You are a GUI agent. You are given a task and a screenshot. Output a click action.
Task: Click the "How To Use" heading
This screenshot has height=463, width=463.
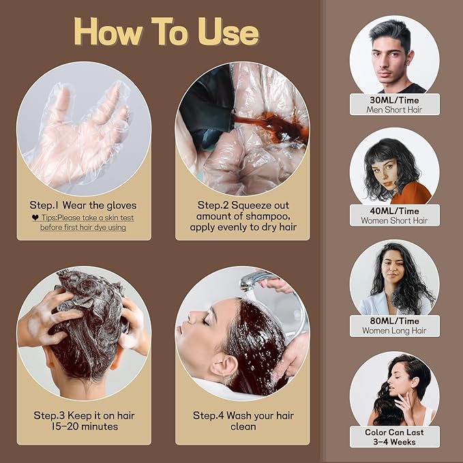pyautogui.click(x=166, y=31)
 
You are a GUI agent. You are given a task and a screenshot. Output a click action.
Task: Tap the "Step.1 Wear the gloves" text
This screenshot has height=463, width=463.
pyautogui.click(x=83, y=205)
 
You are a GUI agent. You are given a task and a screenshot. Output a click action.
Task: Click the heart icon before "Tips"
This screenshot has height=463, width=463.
pyautogui.click(x=35, y=218)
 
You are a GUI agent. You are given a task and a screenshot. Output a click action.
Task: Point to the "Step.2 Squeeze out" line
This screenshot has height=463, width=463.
pyautogui.click(x=243, y=205)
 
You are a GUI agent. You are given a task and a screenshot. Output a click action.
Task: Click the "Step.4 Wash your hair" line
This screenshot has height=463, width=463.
pyautogui.click(x=243, y=415)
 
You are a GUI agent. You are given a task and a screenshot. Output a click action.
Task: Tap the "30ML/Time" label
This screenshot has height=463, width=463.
pyautogui.click(x=394, y=100)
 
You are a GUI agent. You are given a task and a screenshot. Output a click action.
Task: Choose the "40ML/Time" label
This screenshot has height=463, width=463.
pyautogui.click(x=394, y=211)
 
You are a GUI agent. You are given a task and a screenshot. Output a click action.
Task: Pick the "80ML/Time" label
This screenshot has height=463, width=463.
pyautogui.click(x=394, y=321)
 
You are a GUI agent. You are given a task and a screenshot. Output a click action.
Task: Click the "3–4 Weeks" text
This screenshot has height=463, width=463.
pyautogui.click(x=394, y=442)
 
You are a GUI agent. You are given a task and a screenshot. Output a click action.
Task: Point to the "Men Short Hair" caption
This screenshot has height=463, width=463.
pyautogui.click(x=394, y=110)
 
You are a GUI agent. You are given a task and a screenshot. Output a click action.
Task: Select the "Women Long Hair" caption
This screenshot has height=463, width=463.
pyautogui.click(x=394, y=331)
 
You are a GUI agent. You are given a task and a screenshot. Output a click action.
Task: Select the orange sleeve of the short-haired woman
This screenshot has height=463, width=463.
pyautogui.click(x=413, y=194)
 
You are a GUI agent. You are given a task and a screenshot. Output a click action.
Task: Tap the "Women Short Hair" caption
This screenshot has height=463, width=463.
pyautogui.click(x=394, y=220)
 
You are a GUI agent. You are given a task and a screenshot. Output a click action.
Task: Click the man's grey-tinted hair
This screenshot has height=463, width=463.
pyautogui.click(x=389, y=32)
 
